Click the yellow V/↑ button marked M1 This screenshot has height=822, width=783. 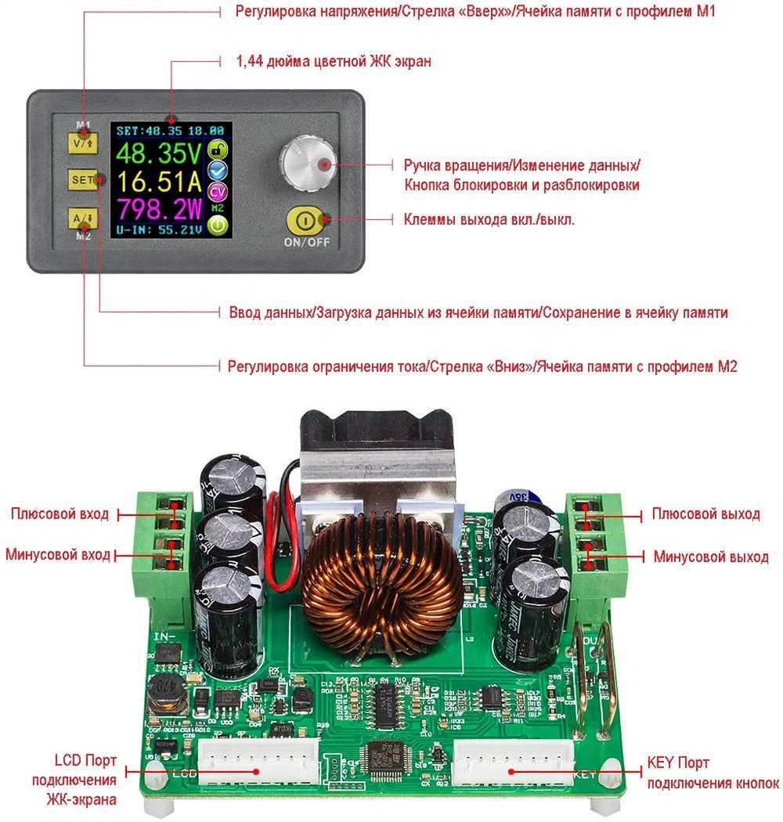click(x=81, y=144)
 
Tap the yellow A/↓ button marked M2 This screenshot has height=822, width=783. click(x=81, y=217)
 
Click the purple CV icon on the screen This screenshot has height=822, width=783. click(x=218, y=190)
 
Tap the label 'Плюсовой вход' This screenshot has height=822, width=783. click(x=60, y=514)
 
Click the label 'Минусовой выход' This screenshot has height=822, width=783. click(x=710, y=557)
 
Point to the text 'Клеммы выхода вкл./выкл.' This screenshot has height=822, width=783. click(x=489, y=220)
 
